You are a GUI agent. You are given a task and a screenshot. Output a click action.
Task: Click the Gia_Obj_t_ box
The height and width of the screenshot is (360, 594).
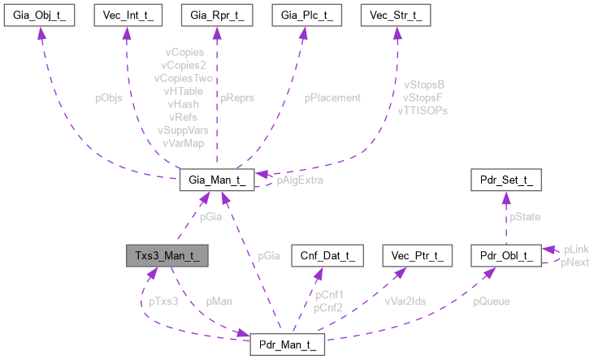click(39, 15)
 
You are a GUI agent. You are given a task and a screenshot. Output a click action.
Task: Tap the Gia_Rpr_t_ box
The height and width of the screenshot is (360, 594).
click(217, 15)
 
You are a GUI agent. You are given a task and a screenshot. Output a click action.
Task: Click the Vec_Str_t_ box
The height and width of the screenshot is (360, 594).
click(396, 15)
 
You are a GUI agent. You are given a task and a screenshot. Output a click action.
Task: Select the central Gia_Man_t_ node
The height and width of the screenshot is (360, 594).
click(218, 179)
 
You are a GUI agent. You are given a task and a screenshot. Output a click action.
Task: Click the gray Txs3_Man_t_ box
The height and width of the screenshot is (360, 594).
click(166, 255)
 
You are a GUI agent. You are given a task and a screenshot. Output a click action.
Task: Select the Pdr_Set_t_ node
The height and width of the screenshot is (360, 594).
click(505, 179)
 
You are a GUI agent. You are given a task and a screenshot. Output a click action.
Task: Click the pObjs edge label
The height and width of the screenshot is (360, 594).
click(109, 98)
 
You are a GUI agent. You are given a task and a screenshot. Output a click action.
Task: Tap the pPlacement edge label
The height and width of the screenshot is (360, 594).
click(332, 98)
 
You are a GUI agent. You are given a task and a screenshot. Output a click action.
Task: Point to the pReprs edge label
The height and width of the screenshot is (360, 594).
click(237, 98)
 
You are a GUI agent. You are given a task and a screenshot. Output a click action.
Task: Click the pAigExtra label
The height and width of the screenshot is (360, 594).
click(300, 180)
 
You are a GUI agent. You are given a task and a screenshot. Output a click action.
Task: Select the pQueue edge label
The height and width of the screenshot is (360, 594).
click(492, 301)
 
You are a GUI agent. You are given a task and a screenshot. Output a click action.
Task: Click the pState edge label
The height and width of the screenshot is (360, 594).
click(526, 217)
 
